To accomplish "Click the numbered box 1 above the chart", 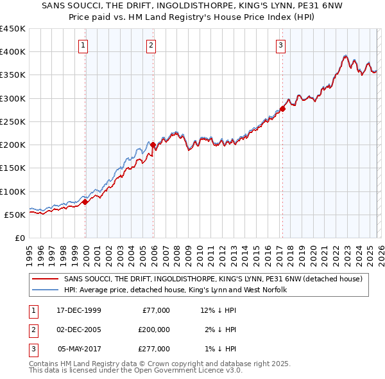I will (85, 45).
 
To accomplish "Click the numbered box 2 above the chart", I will (150, 45).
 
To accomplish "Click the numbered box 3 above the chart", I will (281, 45).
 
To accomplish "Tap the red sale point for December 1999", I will (85, 202).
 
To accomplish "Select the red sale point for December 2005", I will (153, 145).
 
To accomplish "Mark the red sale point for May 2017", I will (282, 109).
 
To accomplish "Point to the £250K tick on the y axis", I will (12, 121).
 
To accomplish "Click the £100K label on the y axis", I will (12, 191).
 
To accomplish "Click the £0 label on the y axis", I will (19, 238).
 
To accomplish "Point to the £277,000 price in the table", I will (153, 349).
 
